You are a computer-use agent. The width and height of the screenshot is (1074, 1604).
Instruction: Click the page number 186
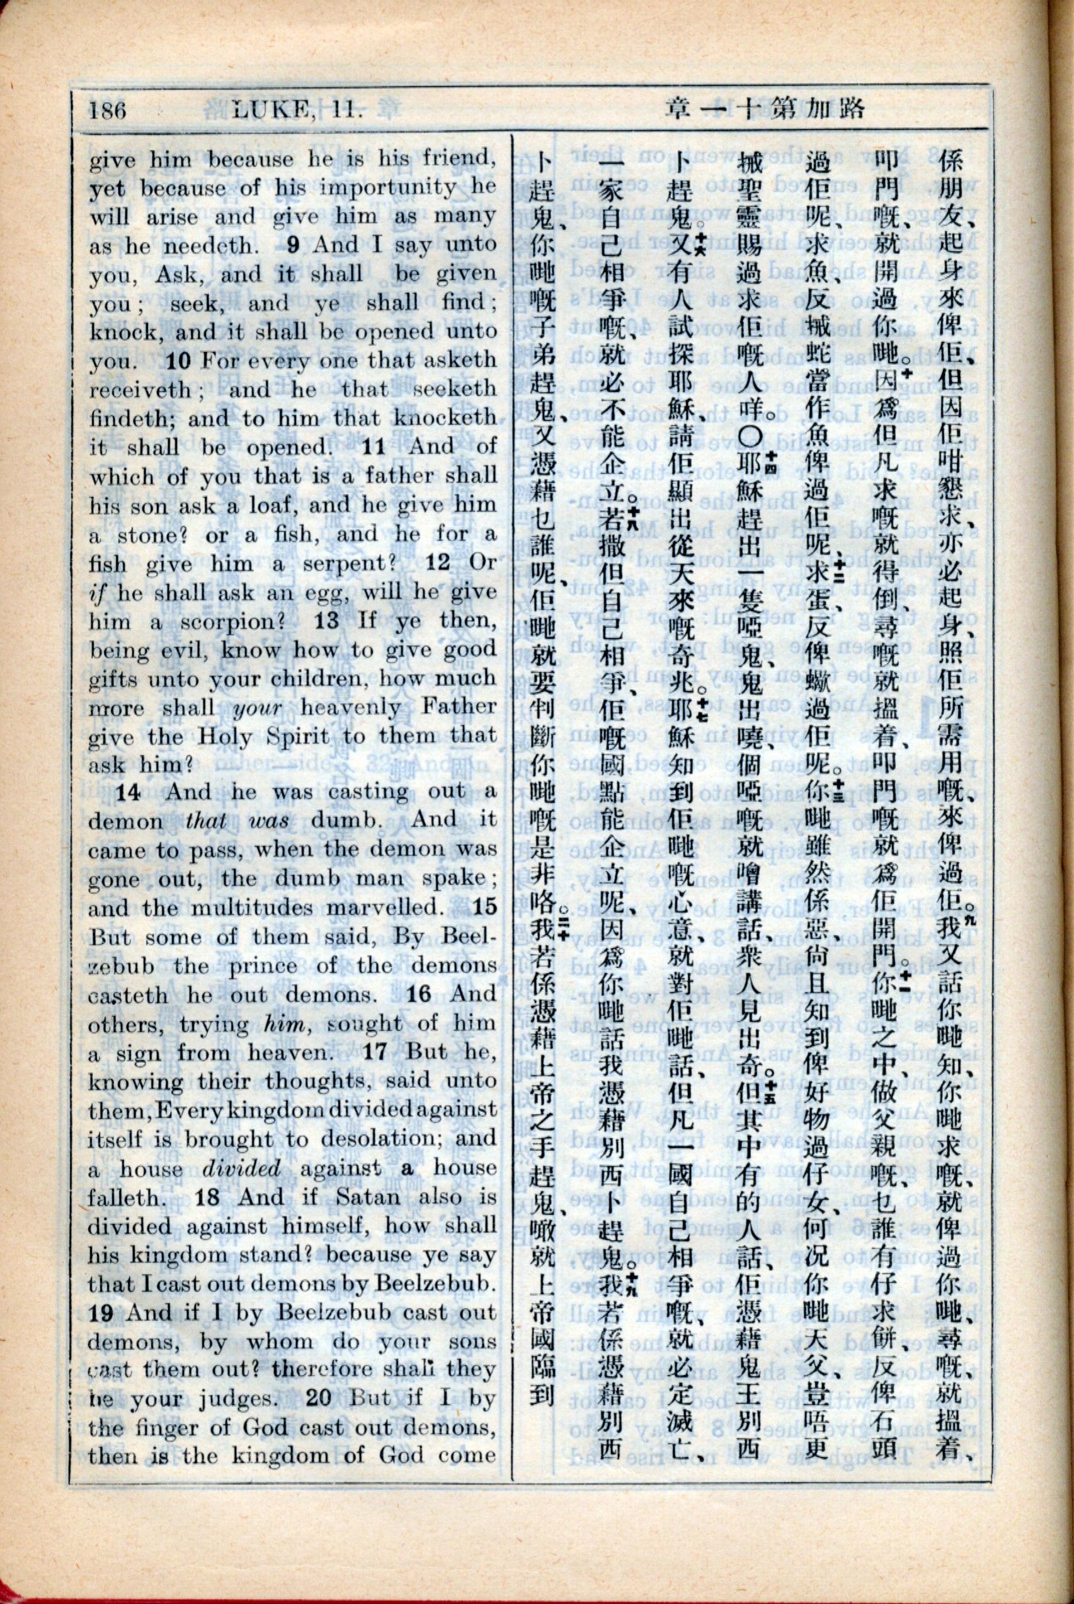pos(108,110)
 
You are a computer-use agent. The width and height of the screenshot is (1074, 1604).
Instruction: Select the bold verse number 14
pos(128,793)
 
